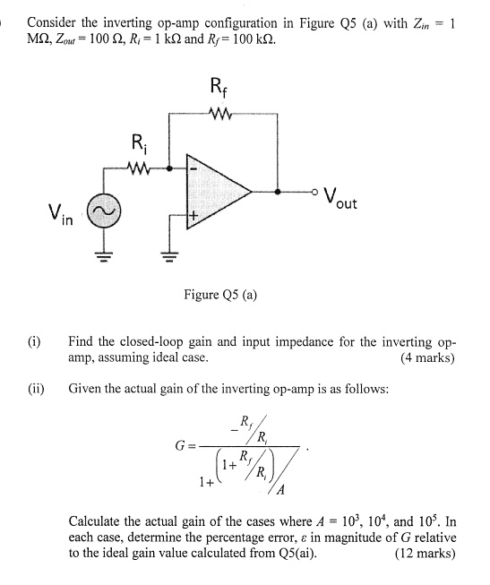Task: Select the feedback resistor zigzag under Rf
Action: click(219, 114)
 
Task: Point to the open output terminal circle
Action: click(316, 191)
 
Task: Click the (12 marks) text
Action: click(426, 553)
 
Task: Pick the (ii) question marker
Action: click(36, 389)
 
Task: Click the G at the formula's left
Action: click(181, 446)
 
